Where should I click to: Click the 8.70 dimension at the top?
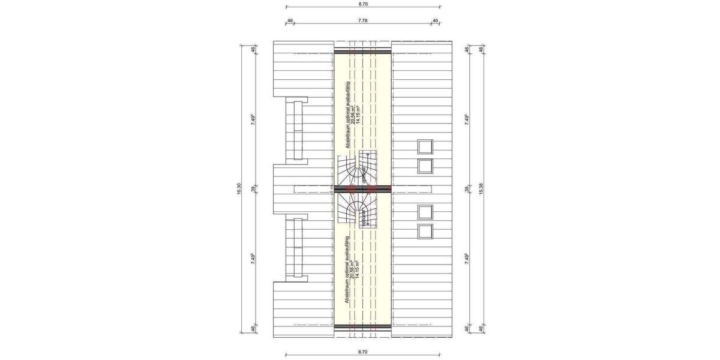(362, 4)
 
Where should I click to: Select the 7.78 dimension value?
(362, 20)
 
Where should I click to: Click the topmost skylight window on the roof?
(425, 147)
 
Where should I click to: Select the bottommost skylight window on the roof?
(425, 230)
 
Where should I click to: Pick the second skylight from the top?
(425, 166)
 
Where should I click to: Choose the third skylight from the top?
(425, 212)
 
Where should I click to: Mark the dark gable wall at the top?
(362, 49)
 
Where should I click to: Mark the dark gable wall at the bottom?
(362, 327)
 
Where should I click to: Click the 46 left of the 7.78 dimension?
(290, 20)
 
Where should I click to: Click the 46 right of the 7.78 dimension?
(435, 20)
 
